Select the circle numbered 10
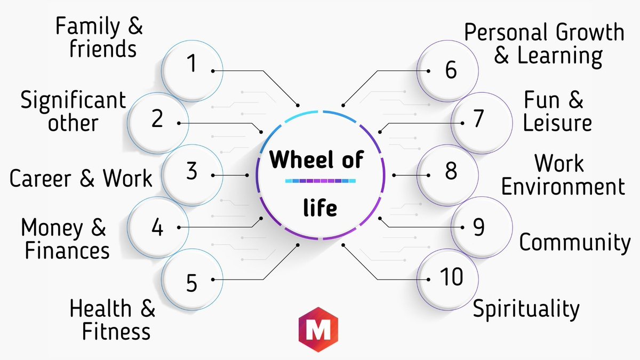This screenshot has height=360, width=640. (448, 277)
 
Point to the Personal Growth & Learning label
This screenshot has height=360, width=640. (544, 43)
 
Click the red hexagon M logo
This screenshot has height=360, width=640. (319, 329)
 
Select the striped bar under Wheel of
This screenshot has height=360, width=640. (320, 182)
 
